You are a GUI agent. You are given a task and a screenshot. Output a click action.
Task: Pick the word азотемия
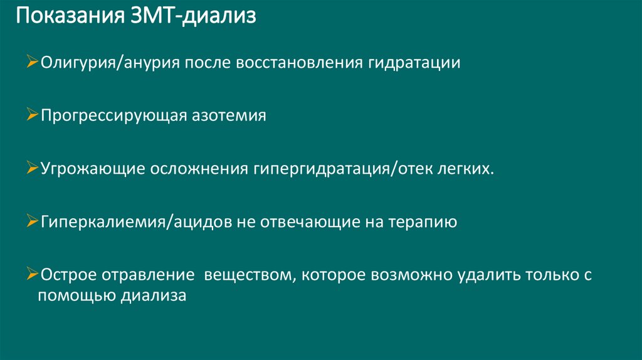(x=228, y=117)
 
